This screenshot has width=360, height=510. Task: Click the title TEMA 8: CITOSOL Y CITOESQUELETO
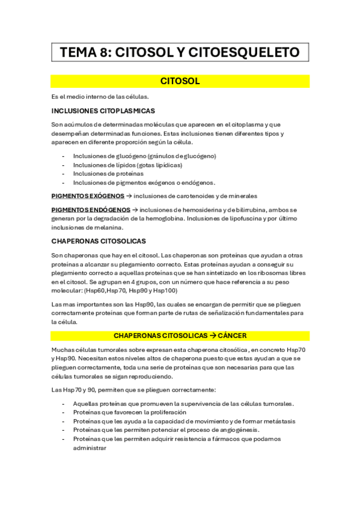click(x=180, y=53)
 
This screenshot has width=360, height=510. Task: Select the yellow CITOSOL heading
click(x=180, y=81)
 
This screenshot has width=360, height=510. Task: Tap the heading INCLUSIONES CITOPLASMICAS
click(x=103, y=111)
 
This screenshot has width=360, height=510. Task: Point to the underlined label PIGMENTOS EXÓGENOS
click(x=88, y=196)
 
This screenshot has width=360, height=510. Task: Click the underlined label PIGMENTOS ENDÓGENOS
click(x=90, y=210)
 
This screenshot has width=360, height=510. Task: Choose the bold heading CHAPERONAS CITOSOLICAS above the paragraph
click(x=99, y=241)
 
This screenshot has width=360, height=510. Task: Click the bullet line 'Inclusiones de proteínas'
click(x=104, y=174)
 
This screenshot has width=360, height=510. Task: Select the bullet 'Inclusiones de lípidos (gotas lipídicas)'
click(x=127, y=165)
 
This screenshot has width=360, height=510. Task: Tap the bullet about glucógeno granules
click(x=144, y=156)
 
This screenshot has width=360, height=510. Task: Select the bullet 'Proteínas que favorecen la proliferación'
click(x=129, y=413)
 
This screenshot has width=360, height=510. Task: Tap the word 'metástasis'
click(x=279, y=422)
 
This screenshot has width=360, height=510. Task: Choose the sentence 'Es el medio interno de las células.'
click(x=100, y=97)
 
